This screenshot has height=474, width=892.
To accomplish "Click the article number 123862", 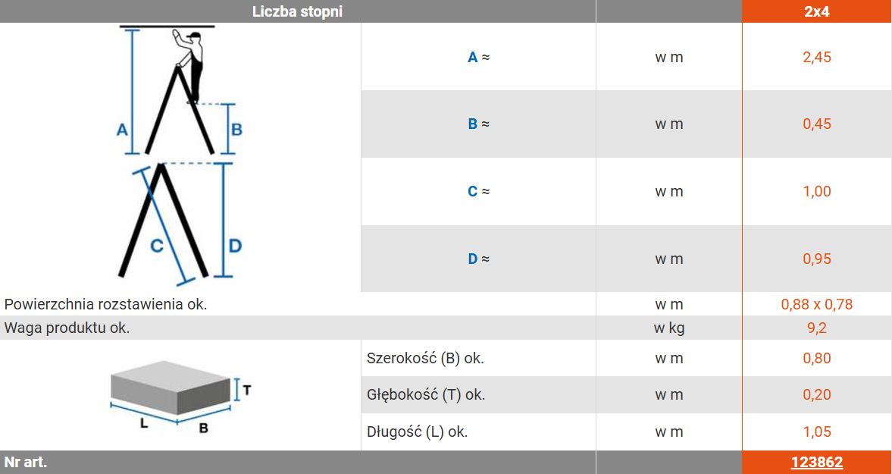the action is [x=816, y=463].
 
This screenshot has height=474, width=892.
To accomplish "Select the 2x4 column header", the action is [x=817, y=11].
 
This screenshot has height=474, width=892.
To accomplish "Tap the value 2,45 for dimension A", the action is [x=817, y=57].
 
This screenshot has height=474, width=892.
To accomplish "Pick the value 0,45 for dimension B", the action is [x=817, y=124].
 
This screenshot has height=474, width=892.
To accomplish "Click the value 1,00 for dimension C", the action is [x=817, y=191].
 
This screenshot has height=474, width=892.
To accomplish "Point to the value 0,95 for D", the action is [x=817, y=259].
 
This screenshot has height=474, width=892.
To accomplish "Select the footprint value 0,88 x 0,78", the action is [x=817, y=304].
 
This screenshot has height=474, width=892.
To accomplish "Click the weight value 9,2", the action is [x=817, y=328].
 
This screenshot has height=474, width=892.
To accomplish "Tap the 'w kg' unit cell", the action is [x=669, y=328].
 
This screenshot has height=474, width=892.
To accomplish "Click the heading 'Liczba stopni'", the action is [x=298, y=11].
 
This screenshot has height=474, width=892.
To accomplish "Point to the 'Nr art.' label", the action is [x=26, y=462].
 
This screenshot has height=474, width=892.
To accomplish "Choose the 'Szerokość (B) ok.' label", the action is [x=425, y=359].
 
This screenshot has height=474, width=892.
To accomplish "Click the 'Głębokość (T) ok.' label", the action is [x=426, y=394].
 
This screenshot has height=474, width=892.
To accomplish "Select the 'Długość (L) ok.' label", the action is [x=417, y=432].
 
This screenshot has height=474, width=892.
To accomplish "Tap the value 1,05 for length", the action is [x=817, y=432].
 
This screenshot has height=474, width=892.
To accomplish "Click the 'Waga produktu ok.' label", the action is [x=67, y=328].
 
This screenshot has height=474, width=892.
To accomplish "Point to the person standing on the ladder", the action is [x=190, y=65].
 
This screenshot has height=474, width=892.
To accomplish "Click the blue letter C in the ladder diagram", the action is [x=156, y=246].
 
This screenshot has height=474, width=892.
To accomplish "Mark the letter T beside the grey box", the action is [x=247, y=390].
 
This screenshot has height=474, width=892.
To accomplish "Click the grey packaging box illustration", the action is [x=171, y=388].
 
